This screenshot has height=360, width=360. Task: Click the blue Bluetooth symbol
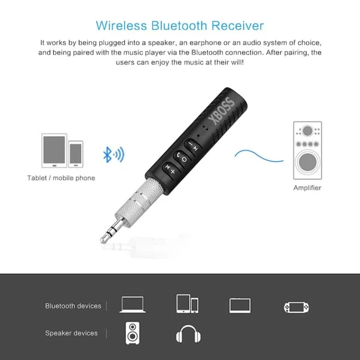108,155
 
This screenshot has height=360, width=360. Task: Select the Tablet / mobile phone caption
61,178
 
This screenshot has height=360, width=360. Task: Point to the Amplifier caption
307,188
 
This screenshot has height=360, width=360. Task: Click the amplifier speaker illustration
307,151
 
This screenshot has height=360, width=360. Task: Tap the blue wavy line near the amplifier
259,155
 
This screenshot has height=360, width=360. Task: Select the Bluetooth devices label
73,306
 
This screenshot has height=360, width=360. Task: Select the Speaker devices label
71,333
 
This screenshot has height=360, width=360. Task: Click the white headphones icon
188,333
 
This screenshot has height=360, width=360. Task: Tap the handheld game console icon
297,307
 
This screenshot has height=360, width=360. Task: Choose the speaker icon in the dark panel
132,333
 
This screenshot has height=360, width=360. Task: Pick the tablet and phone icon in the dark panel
188,305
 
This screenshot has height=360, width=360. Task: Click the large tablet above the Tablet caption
54,151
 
